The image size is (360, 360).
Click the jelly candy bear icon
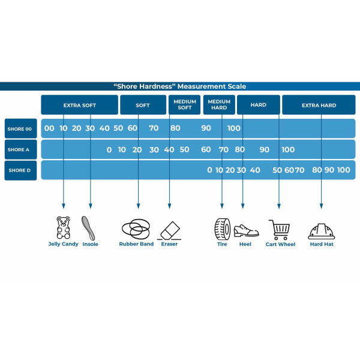click(63, 228)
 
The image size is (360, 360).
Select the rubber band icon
click(136, 229)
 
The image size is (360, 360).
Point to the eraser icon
click(169, 230)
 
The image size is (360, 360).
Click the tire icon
click(222, 229)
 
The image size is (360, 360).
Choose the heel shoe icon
click(245, 230)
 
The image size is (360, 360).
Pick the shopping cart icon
click(279, 229)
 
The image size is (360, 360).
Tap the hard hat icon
click(322, 230)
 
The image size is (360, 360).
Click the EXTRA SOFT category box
click(79, 105)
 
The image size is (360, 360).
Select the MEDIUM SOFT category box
click(185, 105)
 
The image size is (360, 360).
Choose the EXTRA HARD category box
click(319, 105)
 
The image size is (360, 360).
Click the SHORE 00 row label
click(20, 128)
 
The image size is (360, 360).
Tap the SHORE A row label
click(20, 149)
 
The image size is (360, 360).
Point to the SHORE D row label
click(20, 170)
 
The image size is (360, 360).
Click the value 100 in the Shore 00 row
click(234, 128)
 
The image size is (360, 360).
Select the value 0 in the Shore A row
click(109, 149)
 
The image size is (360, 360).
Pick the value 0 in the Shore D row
click(209, 170)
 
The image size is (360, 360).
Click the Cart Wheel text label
click(280, 244)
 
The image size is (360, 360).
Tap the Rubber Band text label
click(136, 244)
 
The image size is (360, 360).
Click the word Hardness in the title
click(159, 86)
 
